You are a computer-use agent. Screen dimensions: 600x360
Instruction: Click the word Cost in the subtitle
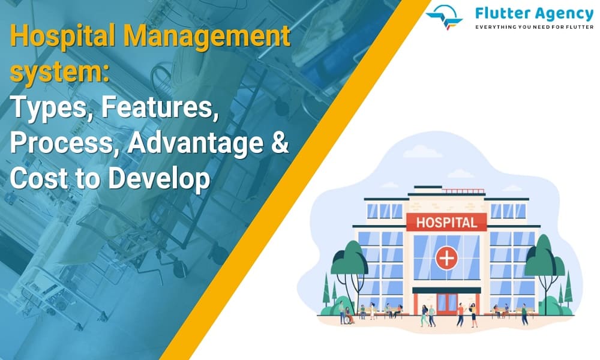(x=39, y=178)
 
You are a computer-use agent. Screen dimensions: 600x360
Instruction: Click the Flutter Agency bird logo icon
(x=445, y=16)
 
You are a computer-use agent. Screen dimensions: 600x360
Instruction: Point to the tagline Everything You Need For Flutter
(x=534, y=27)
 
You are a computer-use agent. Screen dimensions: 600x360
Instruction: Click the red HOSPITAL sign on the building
(x=446, y=222)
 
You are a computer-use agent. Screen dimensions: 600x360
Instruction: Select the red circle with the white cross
(x=446, y=258)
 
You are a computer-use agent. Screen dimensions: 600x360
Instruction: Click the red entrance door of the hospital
(x=446, y=304)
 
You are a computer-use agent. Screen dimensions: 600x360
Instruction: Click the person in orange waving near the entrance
(x=460, y=314)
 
